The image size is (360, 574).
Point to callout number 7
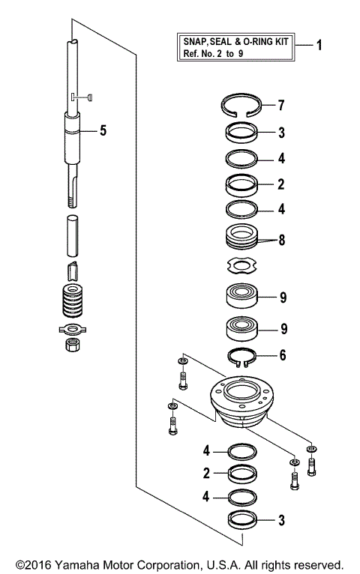[x=281, y=103]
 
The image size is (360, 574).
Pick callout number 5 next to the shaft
[x=103, y=130]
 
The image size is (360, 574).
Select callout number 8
[x=281, y=241]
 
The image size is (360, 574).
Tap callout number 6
[x=281, y=354]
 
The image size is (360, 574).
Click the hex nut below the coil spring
[x=73, y=345]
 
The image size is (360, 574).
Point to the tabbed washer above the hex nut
[x=73, y=328]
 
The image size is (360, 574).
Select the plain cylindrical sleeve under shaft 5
[x=74, y=235]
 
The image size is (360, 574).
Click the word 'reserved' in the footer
[x=317, y=564]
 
